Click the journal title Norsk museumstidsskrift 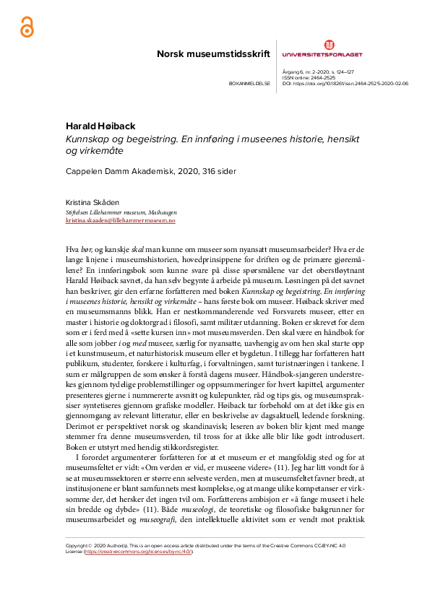213,54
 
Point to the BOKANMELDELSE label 249,84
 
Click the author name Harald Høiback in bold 100,126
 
